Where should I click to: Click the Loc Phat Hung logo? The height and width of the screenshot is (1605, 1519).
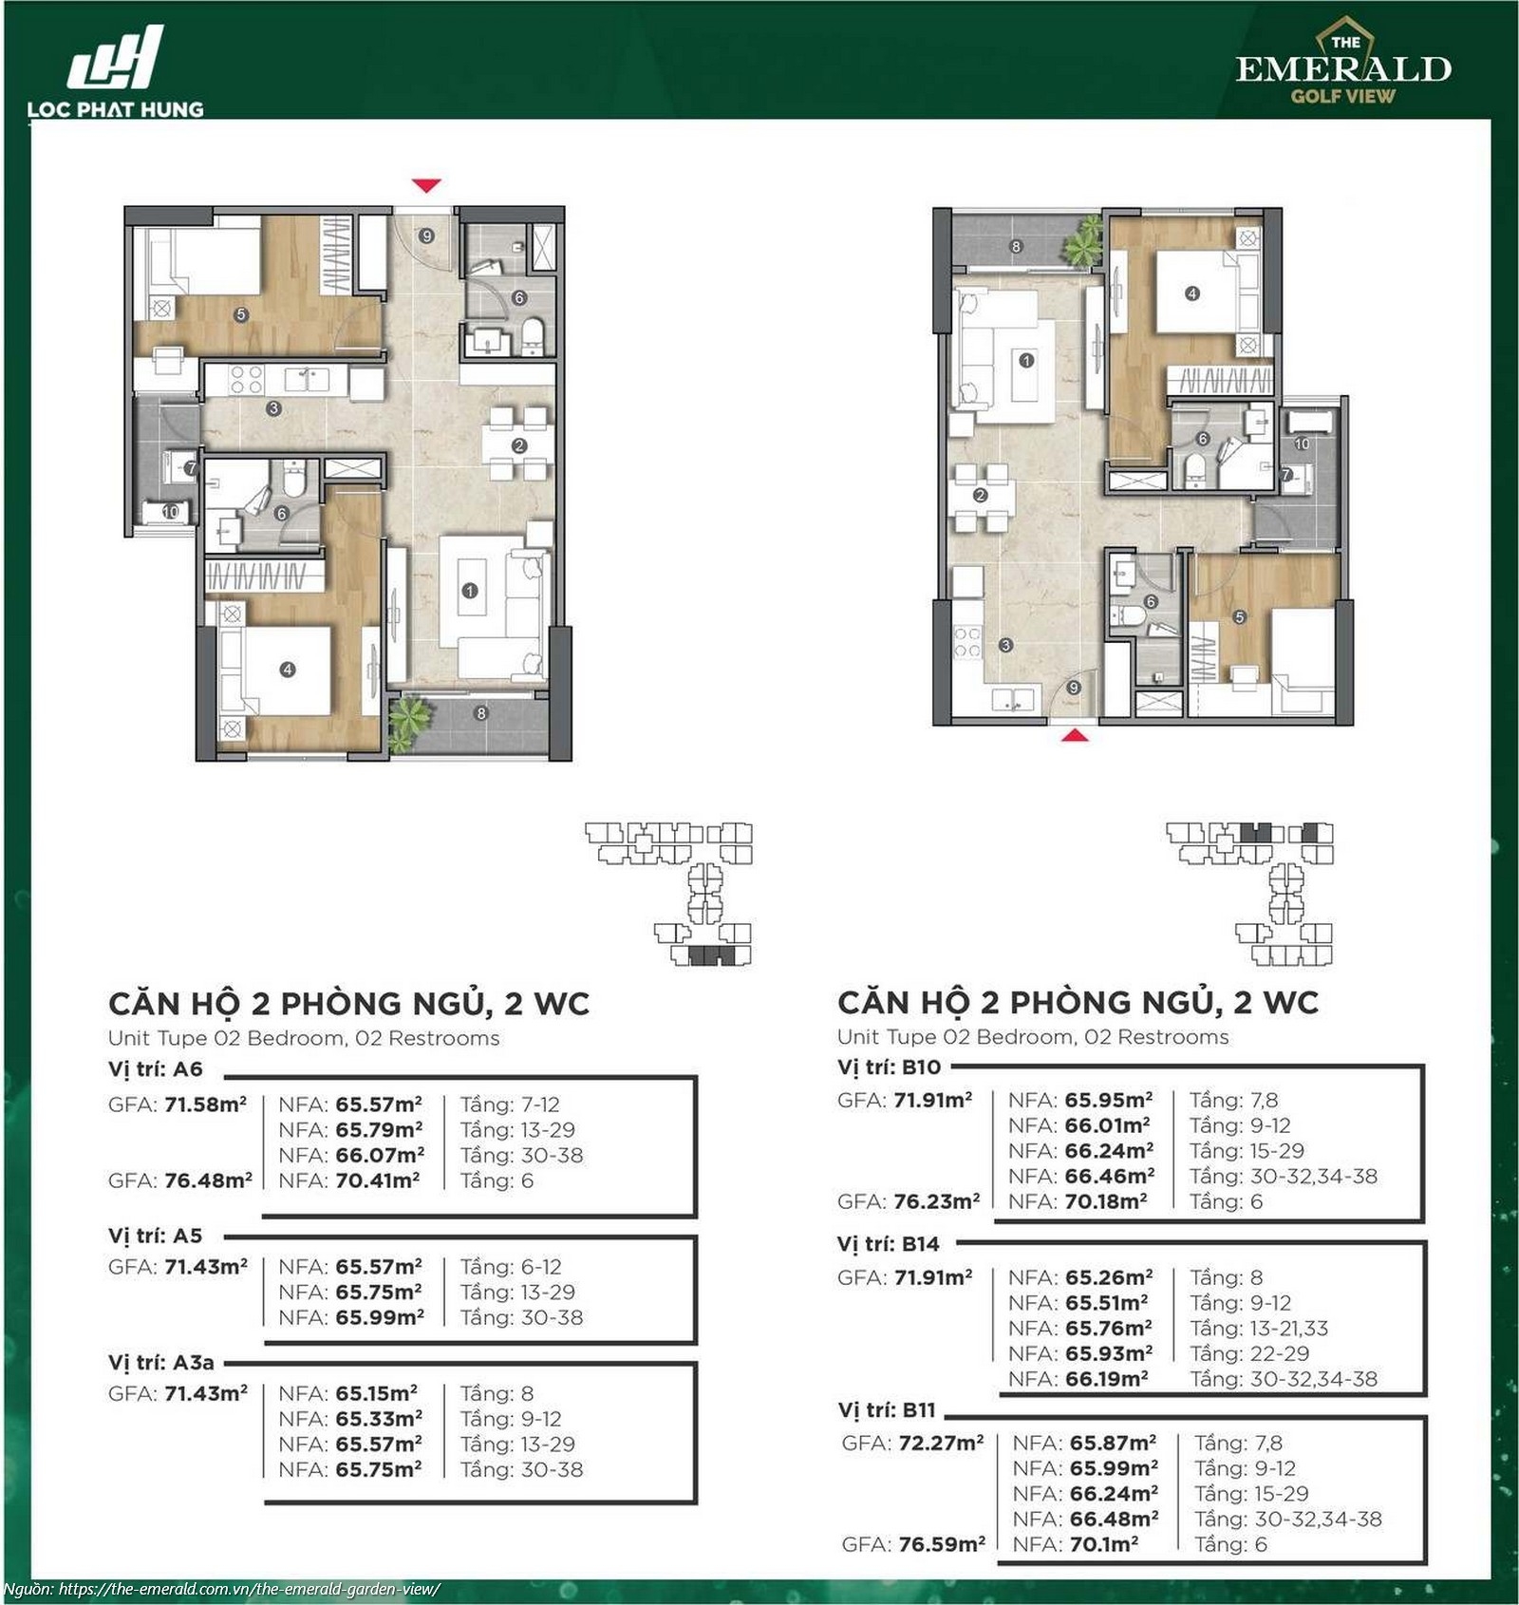(x=115, y=72)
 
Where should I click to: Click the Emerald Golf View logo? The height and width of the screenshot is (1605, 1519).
(x=1343, y=61)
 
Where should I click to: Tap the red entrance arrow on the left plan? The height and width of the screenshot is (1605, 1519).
(x=426, y=185)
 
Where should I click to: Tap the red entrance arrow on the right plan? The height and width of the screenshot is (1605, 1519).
(x=1074, y=734)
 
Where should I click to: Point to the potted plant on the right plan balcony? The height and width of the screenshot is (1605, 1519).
(x=1084, y=241)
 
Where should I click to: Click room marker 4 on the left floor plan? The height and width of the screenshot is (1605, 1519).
(x=288, y=670)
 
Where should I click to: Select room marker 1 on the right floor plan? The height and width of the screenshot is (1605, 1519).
(x=1025, y=361)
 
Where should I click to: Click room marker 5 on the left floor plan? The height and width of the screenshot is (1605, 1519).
(x=241, y=314)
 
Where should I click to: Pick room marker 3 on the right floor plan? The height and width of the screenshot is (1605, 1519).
(x=1005, y=646)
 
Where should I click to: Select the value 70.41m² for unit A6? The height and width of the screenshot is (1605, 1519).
(x=379, y=1180)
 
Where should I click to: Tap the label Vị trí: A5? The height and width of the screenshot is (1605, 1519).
(x=155, y=1236)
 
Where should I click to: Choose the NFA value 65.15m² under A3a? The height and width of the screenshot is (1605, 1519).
(x=378, y=1393)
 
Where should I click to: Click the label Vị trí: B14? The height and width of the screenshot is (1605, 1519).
(x=889, y=1244)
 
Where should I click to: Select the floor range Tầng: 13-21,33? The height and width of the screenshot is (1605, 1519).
(x=1259, y=1329)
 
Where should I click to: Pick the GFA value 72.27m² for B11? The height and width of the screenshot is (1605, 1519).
(x=941, y=1444)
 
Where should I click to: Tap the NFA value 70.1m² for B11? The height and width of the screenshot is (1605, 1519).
(x=1104, y=1545)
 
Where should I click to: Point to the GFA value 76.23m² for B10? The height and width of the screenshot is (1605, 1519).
(x=937, y=1201)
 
